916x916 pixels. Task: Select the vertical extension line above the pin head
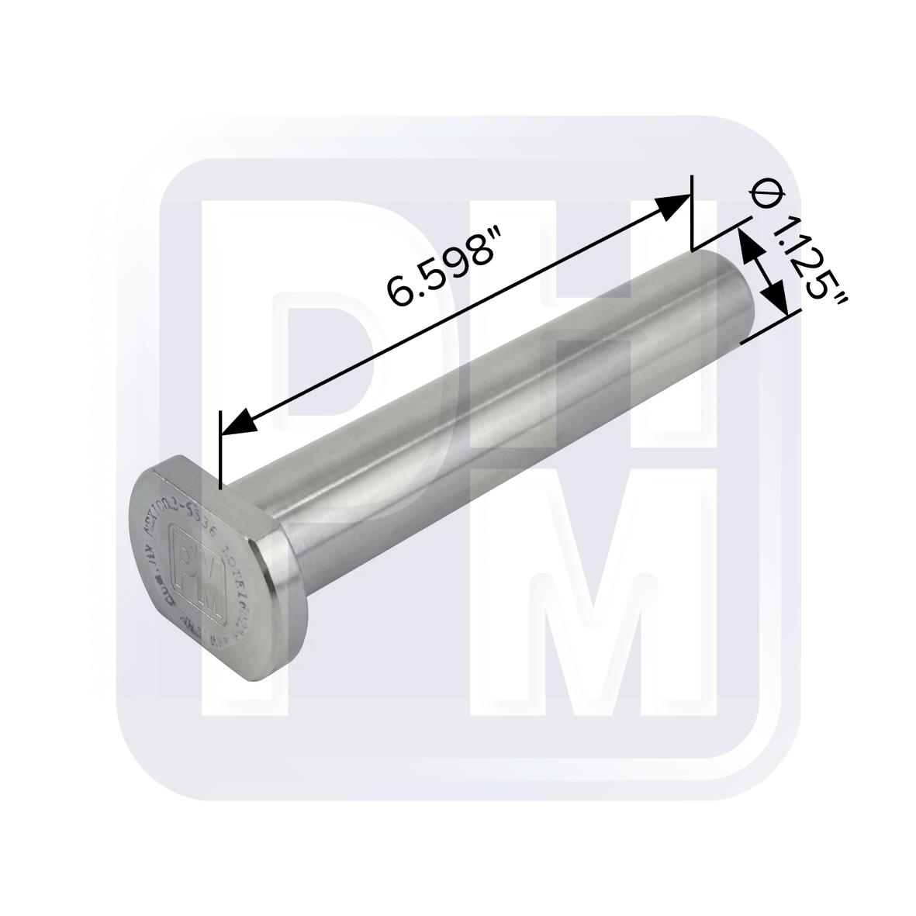(x=221, y=450)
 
